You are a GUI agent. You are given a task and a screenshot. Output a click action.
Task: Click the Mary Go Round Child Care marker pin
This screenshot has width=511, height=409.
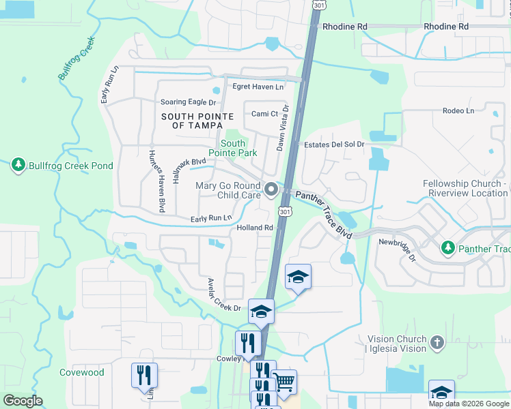(272, 190)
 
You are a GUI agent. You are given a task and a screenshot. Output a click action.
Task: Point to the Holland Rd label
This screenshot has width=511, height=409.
(255, 228)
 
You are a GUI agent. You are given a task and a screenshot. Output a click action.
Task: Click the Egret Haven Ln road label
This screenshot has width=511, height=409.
(258, 87)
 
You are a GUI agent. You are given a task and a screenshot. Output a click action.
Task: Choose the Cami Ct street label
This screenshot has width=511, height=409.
(265, 114)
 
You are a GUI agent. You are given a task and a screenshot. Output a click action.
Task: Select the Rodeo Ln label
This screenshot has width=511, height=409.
(458, 110)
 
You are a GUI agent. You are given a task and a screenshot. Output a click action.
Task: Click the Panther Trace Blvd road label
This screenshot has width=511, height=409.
(324, 214)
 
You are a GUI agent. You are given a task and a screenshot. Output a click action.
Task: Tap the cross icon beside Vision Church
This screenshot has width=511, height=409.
(437, 342)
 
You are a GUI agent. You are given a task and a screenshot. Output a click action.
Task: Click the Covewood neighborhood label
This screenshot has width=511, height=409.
(82, 372)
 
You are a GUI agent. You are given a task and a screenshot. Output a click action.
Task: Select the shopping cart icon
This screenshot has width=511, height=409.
(284, 382)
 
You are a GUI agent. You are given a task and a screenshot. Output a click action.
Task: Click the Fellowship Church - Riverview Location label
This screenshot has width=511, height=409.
(465, 188)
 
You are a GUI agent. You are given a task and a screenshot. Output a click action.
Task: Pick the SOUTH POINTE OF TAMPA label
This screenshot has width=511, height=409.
(192, 121)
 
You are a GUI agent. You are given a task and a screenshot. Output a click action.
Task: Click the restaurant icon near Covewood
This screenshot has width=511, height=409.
(144, 374)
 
